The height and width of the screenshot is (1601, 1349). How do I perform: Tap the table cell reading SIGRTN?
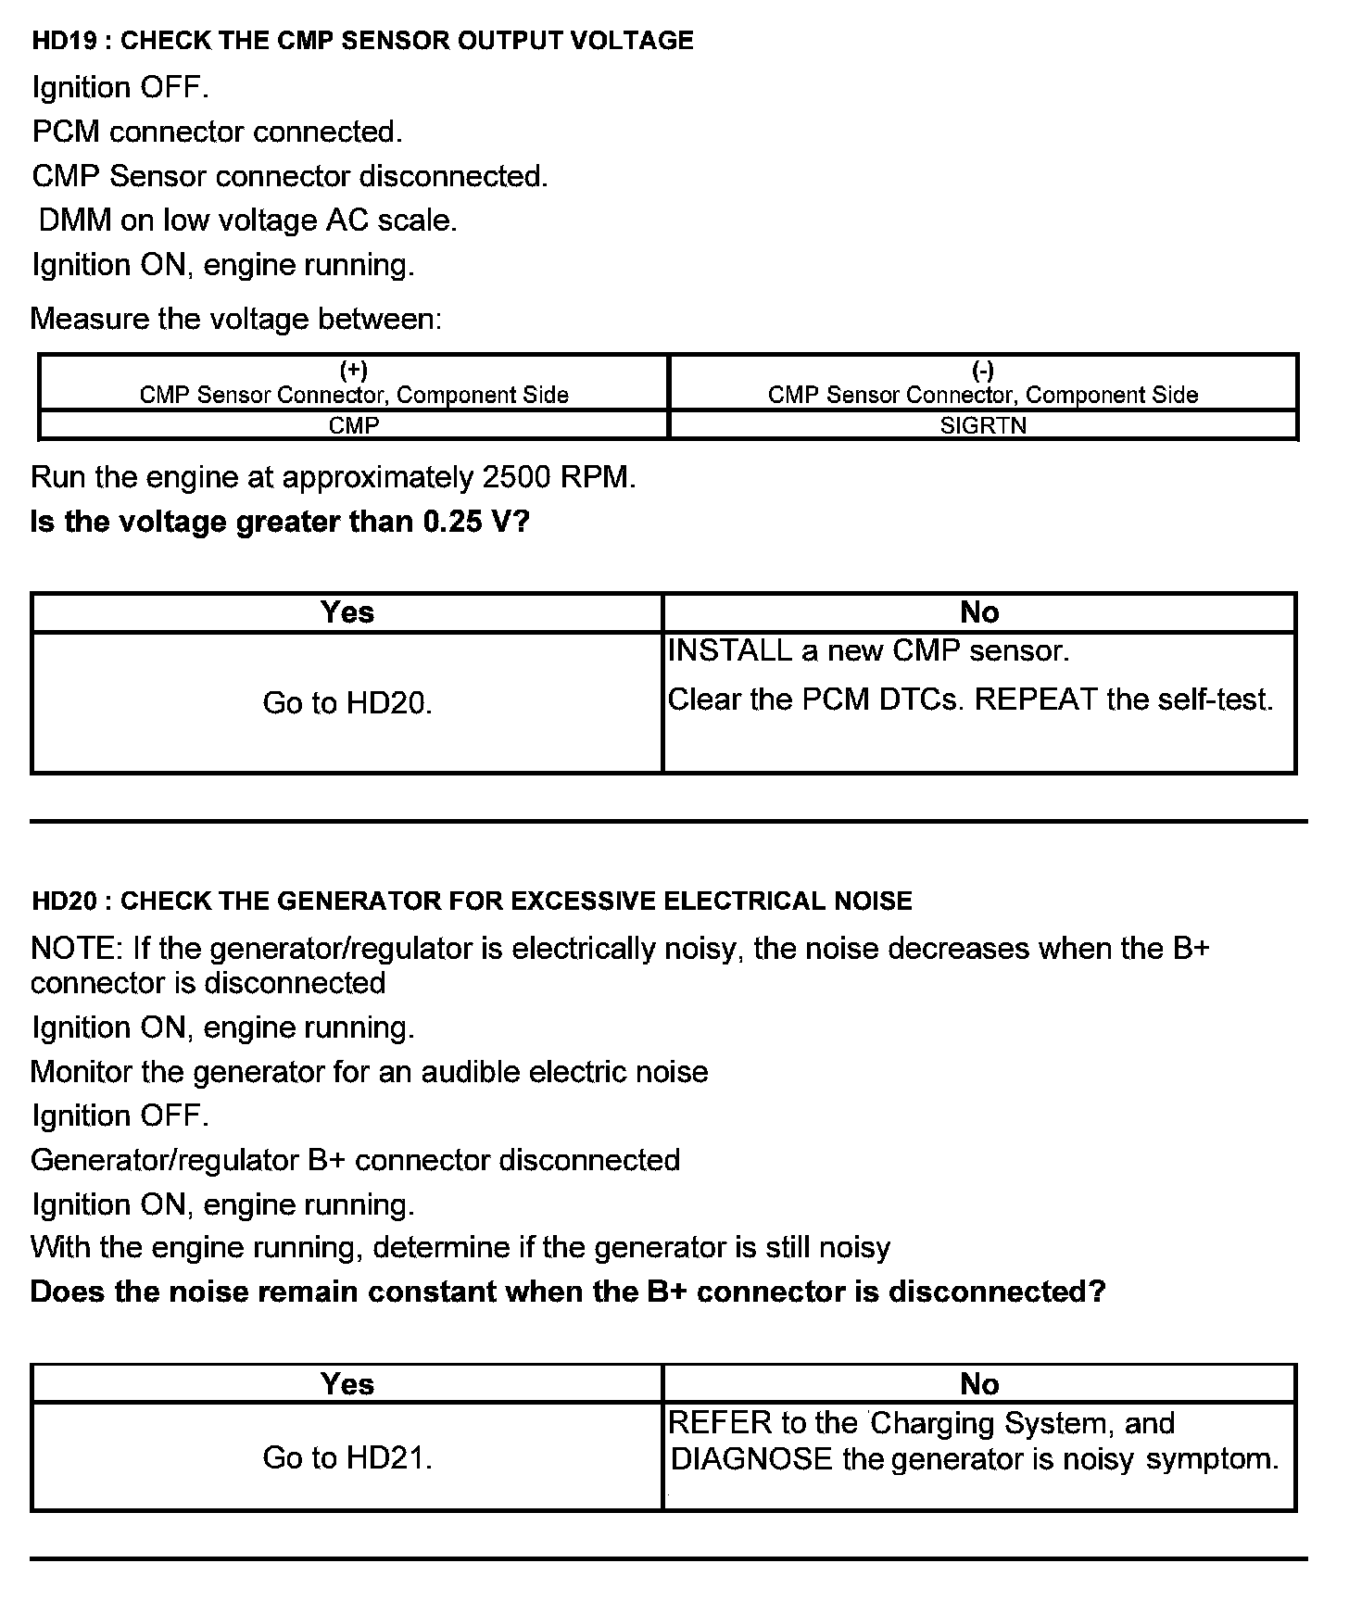coord(983,425)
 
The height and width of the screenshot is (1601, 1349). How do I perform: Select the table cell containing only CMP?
coord(354,425)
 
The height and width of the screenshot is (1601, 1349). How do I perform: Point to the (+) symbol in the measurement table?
coord(354,371)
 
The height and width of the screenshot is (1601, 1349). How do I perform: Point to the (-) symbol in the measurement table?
coord(983,371)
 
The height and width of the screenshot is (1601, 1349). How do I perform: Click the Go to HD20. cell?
coord(347,703)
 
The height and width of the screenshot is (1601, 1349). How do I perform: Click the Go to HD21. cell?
coord(347,1457)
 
